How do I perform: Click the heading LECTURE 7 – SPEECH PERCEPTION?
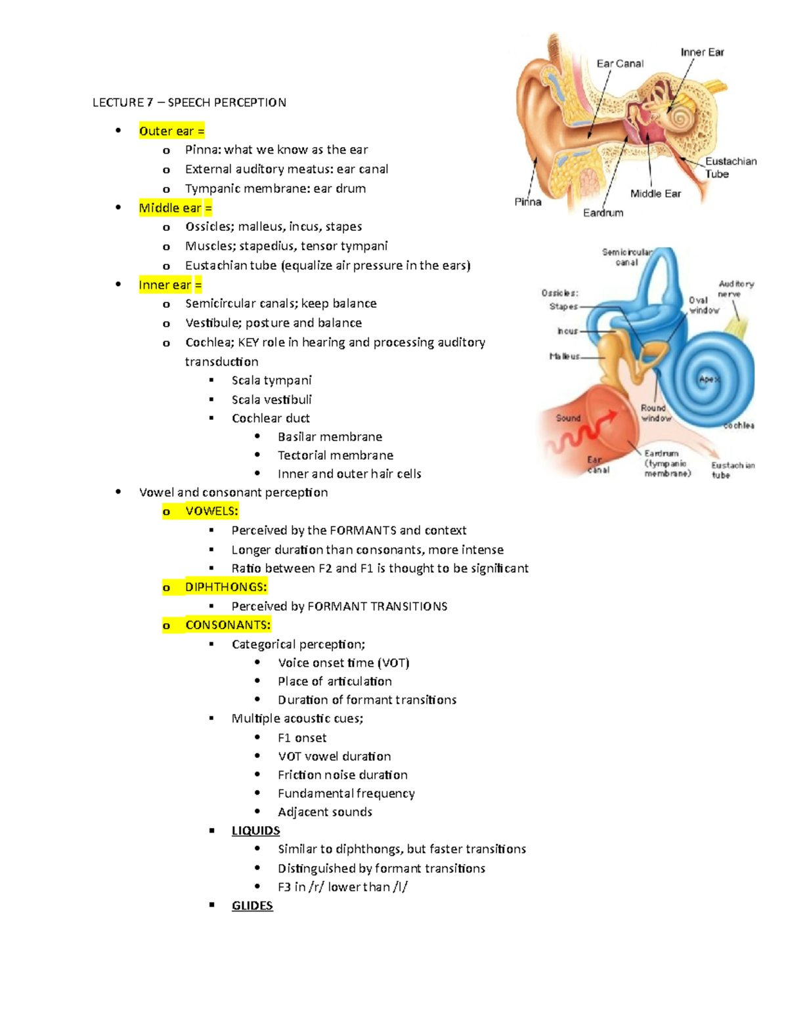click(189, 102)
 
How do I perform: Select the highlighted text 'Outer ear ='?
click(171, 131)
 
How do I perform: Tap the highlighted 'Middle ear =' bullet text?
click(175, 208)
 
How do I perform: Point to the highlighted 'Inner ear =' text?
click(170, 285)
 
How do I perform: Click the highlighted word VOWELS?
click(211, 511)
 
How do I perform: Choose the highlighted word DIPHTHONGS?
click(226, 587)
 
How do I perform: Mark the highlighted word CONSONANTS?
click(228, 625)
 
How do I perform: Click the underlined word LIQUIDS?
click(255, 831)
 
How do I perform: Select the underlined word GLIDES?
click(252, 905)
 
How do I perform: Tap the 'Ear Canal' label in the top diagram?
click(620, 64)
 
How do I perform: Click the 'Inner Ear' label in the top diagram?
click(702, 52)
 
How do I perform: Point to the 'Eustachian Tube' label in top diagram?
click(730, 167)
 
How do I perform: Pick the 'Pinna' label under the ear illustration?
click(528, 202)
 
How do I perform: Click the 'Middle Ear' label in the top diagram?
click(655, 194)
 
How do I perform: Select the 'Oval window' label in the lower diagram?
click(703, 305)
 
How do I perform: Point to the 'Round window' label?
click(655, 413)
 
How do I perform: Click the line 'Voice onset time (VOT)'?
click(343, 663)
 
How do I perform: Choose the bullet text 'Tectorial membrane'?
click(336, 455)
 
